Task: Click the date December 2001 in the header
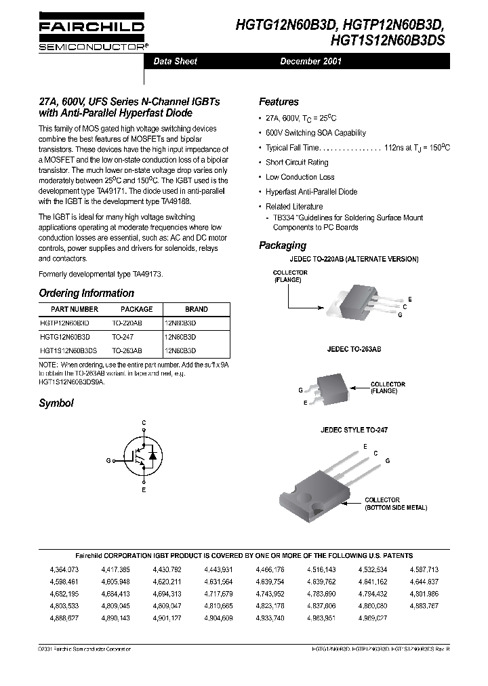click(310, 61)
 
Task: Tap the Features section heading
click(279, 102)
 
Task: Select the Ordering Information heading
click(86, 294)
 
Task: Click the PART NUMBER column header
click(69, 309)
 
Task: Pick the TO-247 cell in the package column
click(123, 337)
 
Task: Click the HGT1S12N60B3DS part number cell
click(68, 350)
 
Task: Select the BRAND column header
click(197, 309)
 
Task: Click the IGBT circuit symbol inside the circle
click(143, 460)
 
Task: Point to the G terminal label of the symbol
click(108, 460)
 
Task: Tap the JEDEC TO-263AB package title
click(354, 348)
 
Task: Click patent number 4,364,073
click(64, 569)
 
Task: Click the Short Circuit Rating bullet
click(296, 163)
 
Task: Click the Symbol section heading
click(56, 403)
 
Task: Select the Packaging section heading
click(283, 245)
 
